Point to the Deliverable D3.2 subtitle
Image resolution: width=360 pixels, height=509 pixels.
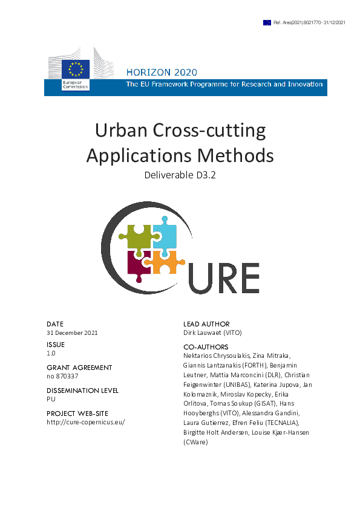tap(180, 176)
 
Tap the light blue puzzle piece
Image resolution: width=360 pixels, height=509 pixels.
tap(164, 236)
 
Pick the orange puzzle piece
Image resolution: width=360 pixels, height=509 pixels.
tap(165, 262)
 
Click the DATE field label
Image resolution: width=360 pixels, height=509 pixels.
tap(55, 324)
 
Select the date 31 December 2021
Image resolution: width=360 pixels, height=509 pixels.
tap(72, 332)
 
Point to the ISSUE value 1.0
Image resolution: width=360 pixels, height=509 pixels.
tap(51, 353)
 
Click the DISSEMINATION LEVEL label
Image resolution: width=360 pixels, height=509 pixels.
tap(82, 391)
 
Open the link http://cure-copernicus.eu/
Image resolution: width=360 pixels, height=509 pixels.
tap(85, 422)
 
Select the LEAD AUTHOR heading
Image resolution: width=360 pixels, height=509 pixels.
tap(206, 324)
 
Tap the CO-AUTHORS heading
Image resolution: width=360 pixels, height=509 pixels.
tap(206, 347)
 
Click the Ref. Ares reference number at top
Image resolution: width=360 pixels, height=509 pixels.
tap(309, 22)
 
